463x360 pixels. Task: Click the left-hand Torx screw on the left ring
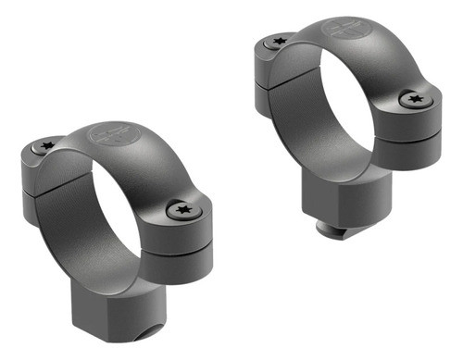pos(46,145)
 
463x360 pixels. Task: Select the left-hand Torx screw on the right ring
pos(277,40)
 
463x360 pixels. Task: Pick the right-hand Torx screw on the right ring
pos(413,99)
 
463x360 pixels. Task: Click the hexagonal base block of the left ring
pos(102,315)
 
